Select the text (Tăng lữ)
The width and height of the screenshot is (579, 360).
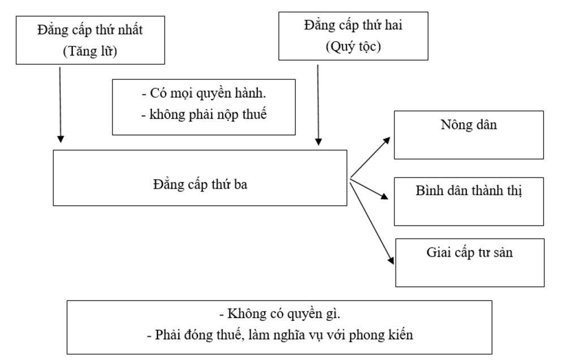click(x=90, y=51)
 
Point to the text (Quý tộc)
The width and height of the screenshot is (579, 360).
click(x=353, y=46)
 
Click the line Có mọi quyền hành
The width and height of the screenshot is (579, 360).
click(x=204, y=93)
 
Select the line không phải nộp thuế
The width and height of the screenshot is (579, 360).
click(x=204, y=114)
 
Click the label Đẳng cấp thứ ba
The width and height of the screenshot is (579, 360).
click(x=200, y=185)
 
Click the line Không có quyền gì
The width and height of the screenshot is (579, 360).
click(x=279, y=314)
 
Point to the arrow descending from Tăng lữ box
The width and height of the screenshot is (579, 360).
click(x=61, y=105)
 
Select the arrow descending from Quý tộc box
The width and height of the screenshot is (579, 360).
click(x=318, y=105)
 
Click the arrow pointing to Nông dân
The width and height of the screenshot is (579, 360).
click(x=370, y=157)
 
